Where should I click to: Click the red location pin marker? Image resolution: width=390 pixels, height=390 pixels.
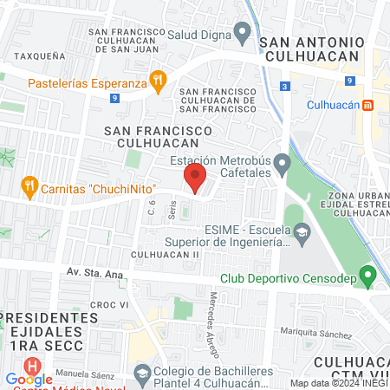pyautogui.click(x=194, y=179)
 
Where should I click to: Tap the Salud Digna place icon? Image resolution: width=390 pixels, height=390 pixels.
pyautogui.click(x=243, y=35)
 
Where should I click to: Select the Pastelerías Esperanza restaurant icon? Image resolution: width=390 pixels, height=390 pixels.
pyautogui.click(x=157, y=83)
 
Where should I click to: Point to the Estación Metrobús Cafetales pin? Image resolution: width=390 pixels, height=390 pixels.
pyautogui.click(x=282, y=164)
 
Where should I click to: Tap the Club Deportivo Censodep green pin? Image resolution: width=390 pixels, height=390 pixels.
pyautogui.click(x=367, y=278)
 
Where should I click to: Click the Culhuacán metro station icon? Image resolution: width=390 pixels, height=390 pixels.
pyautogui.click(x=368, y=106)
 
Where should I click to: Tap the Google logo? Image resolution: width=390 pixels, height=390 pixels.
pyautogui.click(x=29, y=379)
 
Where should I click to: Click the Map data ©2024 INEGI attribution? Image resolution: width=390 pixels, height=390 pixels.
pyautogui.click(x=338, y=383)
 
